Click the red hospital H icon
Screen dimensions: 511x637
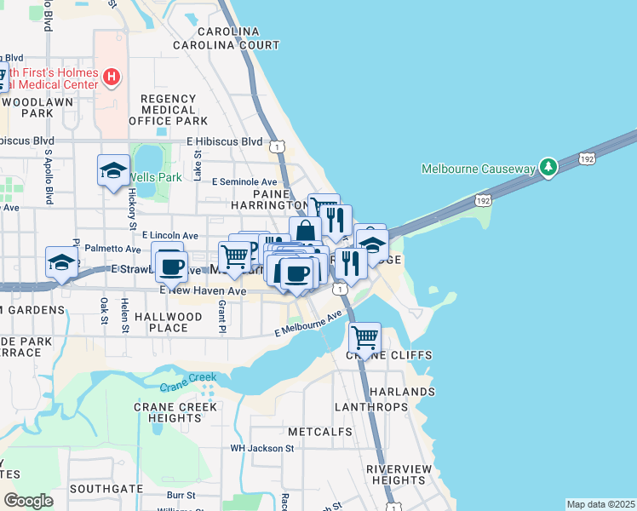111,78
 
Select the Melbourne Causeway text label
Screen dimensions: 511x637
478,169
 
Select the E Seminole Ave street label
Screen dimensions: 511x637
245,182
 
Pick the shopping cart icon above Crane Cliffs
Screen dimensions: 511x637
365,337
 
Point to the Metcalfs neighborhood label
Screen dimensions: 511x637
320,432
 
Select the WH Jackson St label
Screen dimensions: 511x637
262,448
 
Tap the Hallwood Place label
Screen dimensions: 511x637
169,323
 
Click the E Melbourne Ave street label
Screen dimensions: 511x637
308,324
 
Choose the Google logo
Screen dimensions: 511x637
28,501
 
